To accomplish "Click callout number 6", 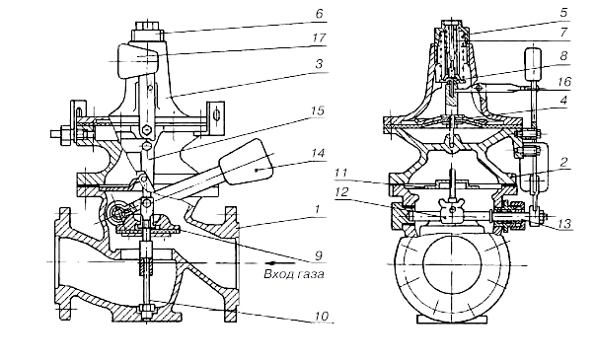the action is (320, 15).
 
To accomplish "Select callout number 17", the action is (320, 38).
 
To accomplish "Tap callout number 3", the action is (320, 64).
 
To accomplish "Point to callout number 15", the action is (317, 110).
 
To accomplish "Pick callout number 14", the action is (318, 154).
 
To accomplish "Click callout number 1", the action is (319, 210).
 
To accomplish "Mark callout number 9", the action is (319, 256).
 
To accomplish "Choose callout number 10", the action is (321, 316).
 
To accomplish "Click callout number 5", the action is (563, 13).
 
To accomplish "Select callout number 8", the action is (563, 56).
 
